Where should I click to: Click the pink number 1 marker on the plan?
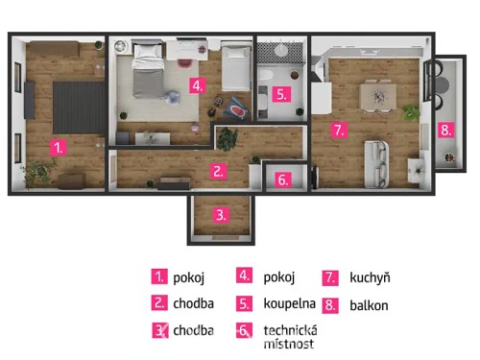[x=59, y=148]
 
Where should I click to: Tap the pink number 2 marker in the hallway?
[x=219, y=172]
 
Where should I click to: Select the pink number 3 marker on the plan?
[x=221, y=215]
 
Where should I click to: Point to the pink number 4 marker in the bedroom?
[x=196, y=85]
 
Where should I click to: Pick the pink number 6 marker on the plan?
[x=281, y=179]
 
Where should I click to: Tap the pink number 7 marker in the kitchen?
[x=338, y=129]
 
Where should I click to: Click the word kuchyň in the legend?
[x=370, y=278]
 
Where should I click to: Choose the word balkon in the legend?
[x=369, y=305]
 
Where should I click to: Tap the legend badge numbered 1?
[x=158, y=277]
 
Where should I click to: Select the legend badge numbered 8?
[x=331, y=305]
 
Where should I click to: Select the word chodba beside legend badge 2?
[x=194, y=304]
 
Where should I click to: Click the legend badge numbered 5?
[x=245, y=304]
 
